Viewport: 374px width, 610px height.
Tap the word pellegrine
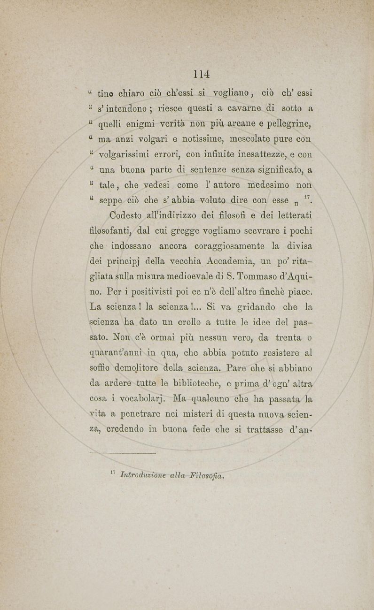pyautogui.click(x=288, y=125)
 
